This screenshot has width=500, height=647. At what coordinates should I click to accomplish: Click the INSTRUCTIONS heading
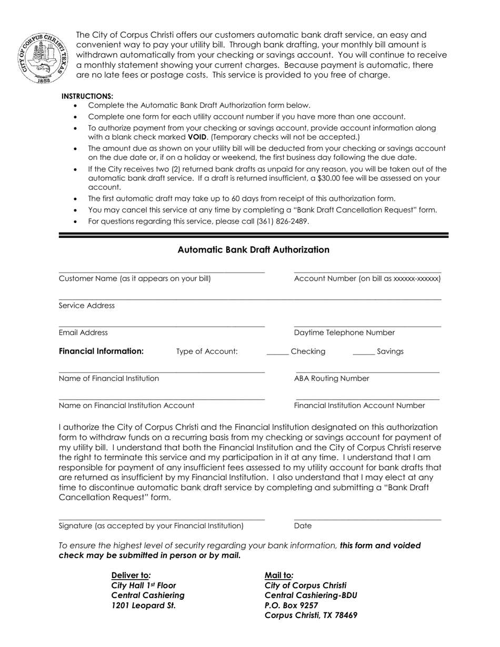pos(87,96)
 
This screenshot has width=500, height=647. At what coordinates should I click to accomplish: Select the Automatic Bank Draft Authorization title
pos(253,250)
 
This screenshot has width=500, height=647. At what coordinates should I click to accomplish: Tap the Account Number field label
pos(367,279)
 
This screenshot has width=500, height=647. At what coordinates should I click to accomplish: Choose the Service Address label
pos(87,306)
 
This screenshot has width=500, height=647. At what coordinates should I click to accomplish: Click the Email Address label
pos(83,332)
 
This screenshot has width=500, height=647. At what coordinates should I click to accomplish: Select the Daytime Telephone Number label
pos(344,332)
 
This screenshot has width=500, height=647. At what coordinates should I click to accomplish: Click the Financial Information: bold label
pos(101,351)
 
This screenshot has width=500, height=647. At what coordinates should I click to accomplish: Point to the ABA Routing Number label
pos(332,379)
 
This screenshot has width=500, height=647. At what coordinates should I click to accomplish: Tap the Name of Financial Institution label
pos(109,379)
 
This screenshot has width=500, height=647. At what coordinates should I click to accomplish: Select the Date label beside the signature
pos(303,525)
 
